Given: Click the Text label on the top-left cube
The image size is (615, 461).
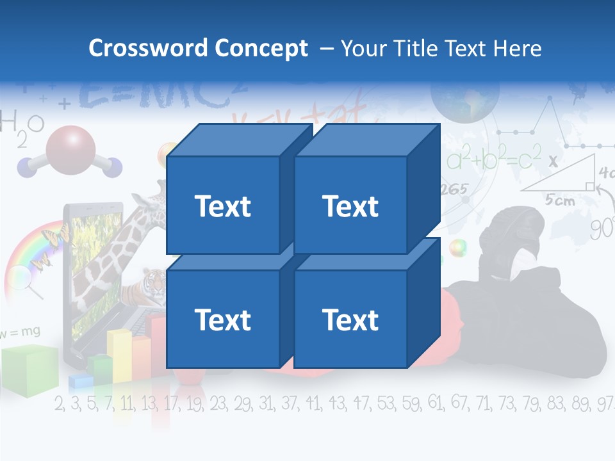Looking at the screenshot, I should pos(222,206).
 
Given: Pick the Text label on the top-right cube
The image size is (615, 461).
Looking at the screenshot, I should pos(350,206).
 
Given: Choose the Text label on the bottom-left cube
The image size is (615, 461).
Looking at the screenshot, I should pos(222,319).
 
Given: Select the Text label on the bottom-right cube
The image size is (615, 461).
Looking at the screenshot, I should pos(350,319).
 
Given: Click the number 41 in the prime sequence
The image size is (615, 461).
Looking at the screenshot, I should pos(313,403).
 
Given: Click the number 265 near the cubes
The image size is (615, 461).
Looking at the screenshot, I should pos(454,190).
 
